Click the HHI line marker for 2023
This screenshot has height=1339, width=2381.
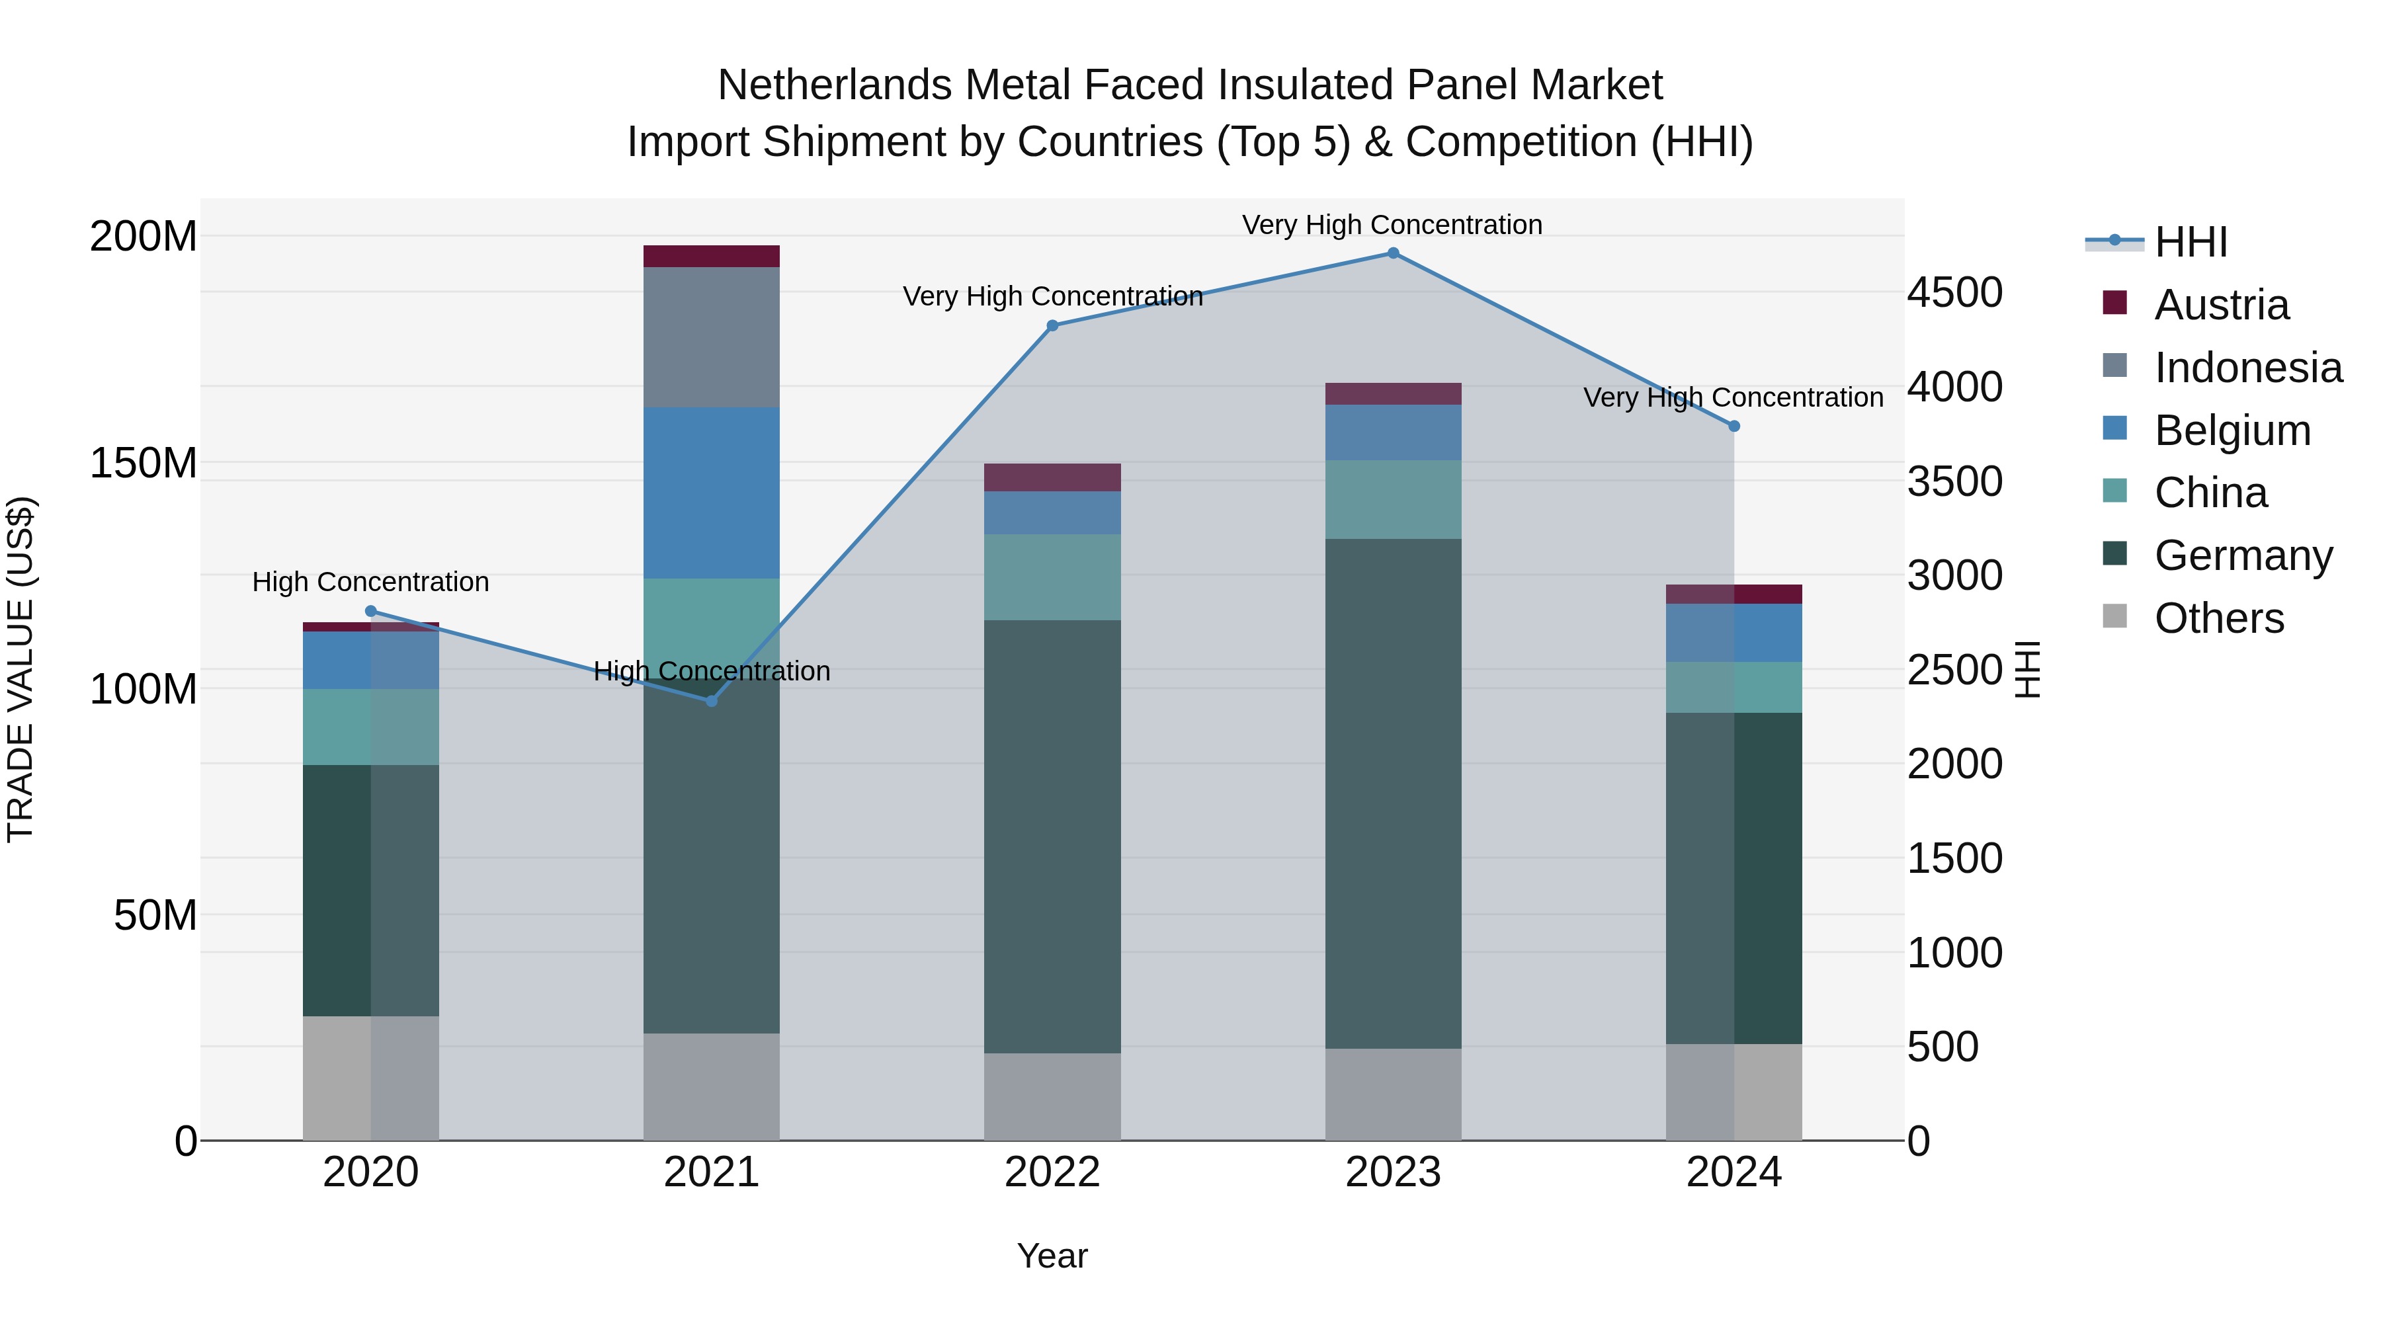[x=1393, y=253]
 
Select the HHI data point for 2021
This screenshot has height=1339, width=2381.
[x=711, y=702]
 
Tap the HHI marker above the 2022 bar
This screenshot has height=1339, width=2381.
[x=1052, y=325]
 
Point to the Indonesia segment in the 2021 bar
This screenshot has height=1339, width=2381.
[x=711, y=337]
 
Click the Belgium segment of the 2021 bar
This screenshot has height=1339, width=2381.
[x=711, y=493]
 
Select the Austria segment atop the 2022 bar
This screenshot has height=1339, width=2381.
[x=1052, y=477]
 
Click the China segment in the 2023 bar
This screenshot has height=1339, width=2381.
[x=1393, y=499]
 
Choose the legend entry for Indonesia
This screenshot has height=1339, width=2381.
[x=2248, y=368]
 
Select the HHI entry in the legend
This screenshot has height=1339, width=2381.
[x=2191, y=242]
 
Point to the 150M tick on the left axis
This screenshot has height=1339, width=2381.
[x=144, y=463]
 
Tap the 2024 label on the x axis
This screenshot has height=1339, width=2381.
[x=1733, y=1172]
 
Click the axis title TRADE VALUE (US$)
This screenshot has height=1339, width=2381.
[x=21, y=669]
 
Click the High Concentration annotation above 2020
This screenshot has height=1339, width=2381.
[x=370, y=582]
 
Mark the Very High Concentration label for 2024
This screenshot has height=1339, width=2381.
[x=1733, y=397]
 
